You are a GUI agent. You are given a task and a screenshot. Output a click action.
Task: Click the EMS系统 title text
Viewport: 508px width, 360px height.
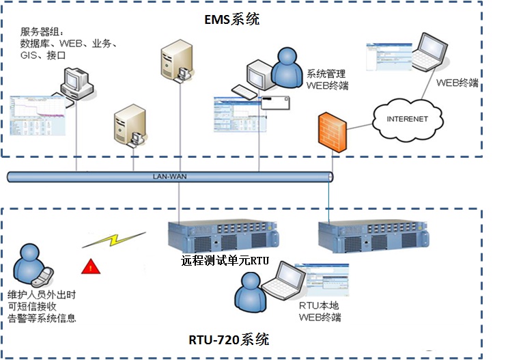click(232, 19)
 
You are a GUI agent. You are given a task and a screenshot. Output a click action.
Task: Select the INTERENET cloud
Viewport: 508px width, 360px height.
click(407, 119)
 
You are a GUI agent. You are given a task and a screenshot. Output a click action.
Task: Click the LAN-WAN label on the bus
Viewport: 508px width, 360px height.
click(169, 176)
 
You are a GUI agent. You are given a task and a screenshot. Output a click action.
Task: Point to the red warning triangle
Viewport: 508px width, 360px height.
click(89, 266)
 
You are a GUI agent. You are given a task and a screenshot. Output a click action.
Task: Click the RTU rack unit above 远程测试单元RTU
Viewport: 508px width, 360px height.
click(224, 233)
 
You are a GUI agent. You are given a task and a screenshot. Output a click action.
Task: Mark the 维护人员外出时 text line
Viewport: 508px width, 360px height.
click(40, 295)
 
